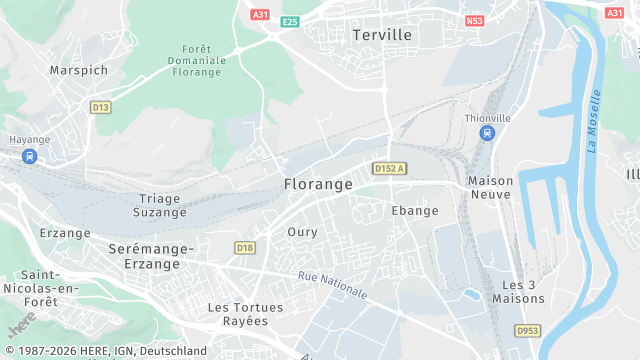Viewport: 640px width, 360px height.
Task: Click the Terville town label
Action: click(x=382, y=34)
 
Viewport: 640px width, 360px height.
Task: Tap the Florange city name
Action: click(x=318, y=185)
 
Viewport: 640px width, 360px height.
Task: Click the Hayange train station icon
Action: click(x=30, y=156)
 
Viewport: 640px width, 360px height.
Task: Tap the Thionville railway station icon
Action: click(x=487, y=133)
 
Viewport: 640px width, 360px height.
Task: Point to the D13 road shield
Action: click(x=99, y=107)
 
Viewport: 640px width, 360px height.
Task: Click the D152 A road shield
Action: click(x=390, y=169)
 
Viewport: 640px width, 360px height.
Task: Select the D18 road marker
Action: click(x=244, y=247)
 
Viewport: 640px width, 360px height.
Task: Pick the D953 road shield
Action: click(x=527, y=331)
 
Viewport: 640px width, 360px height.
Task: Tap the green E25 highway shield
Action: click(x=290, y=21)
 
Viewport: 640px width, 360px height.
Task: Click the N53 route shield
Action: click(x=475, y=20)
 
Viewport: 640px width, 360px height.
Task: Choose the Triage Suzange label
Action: click(x=160, y=205)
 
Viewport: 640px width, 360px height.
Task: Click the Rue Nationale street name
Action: click(x=332, y=285)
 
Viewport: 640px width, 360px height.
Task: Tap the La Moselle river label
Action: click(x=595, y=120)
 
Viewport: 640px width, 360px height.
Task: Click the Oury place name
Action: click(x=302, y=232)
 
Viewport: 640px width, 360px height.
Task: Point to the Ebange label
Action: click(x=415, y=211)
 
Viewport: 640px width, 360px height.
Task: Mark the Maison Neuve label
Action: click(x=490, y=188)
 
